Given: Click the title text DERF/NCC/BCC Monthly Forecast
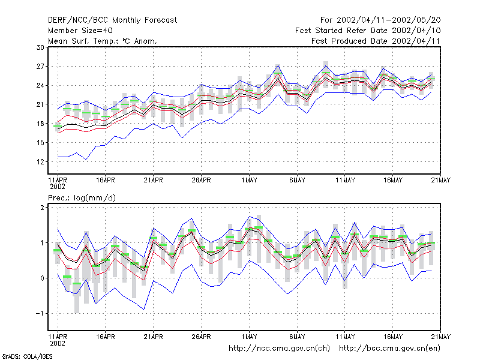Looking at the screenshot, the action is coord(112,20).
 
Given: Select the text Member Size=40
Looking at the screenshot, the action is coord(80,31).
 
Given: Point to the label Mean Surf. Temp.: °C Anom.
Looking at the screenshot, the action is coord(103,41).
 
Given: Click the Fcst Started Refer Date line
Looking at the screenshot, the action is coord(368,31).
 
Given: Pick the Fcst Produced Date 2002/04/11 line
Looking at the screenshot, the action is coord(376,41).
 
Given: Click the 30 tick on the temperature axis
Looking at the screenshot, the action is coord(40,47).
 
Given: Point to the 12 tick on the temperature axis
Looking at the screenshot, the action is coord(40,161).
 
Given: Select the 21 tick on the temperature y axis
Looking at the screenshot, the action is coord(40,104).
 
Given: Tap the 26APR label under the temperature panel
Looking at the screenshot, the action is coord(201,180).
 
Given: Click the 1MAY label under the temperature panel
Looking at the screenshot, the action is coord(249,180).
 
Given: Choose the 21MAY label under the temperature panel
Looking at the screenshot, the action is coord(441,180).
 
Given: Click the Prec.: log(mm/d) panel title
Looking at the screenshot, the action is coord(82,198).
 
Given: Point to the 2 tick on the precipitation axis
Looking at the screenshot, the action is coord(42,207).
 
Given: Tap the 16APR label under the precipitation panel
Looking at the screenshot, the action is coord(106,337).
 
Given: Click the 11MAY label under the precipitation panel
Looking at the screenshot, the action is coord(345,337).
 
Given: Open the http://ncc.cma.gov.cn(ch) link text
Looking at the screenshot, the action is coord(279,349).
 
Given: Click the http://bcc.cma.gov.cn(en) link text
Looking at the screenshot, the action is coord(389,349).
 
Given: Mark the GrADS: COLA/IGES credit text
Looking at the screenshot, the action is coord(27,356).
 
